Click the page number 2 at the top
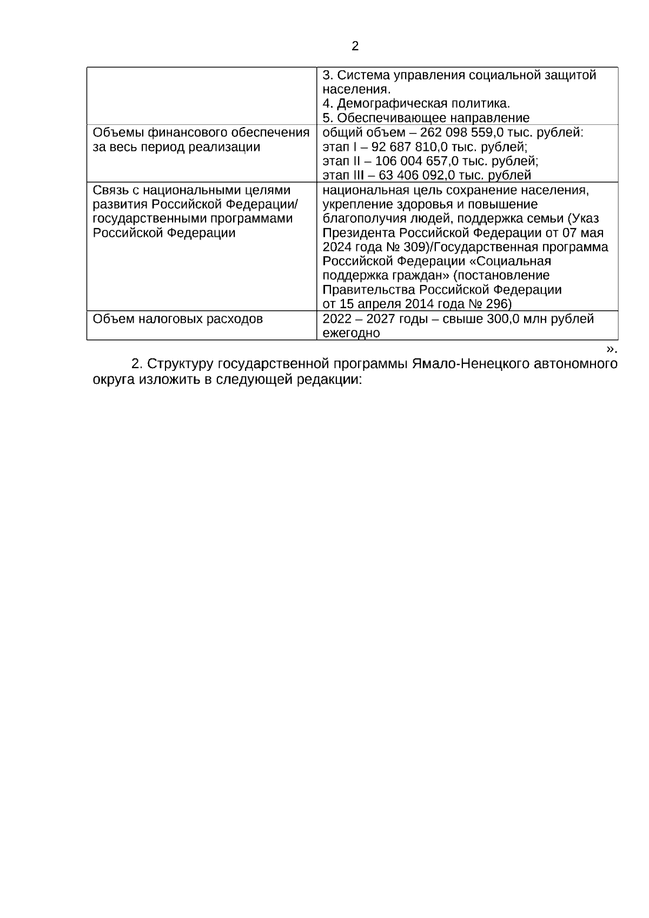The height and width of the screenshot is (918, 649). click(x=355, y=46)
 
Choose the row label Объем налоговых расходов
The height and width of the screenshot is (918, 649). click(x=177, y=319)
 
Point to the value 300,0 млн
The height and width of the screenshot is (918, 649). click(x=516, y=319)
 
